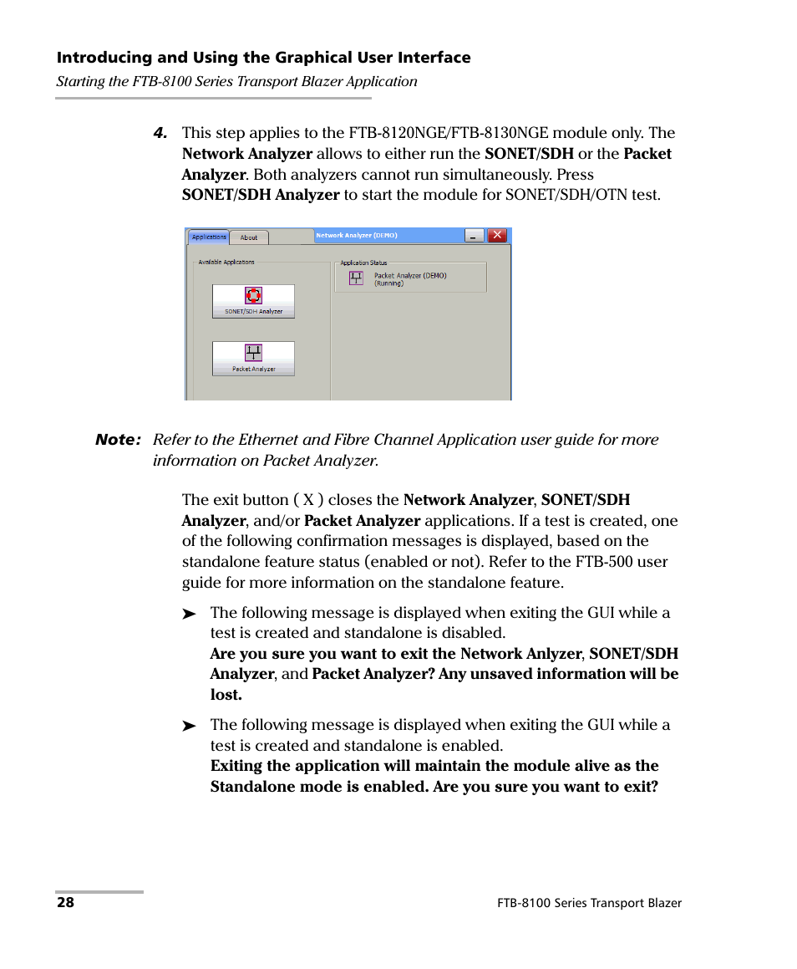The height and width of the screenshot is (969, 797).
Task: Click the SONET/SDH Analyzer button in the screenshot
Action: point(253,301)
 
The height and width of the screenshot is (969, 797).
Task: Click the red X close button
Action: point(498,236)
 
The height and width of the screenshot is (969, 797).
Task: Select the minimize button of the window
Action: point(475,236)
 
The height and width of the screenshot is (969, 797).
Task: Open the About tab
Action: point(249,237)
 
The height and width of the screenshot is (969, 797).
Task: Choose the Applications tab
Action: point(208,237)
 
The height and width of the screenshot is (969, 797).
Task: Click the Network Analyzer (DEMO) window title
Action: point(356,236)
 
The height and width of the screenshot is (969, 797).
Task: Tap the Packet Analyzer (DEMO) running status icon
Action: point(356,278)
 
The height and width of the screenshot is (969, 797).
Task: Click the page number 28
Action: point(65,903)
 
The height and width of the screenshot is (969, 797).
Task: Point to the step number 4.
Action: point(160,133)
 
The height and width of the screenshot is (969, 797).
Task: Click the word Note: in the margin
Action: point(118,440)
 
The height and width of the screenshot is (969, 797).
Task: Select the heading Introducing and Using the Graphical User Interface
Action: point(263,58)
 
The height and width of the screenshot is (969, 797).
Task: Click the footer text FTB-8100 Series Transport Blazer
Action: point(589,903)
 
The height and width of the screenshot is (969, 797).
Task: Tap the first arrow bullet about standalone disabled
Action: point(190,615)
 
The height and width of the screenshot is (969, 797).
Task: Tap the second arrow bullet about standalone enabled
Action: point(190,727)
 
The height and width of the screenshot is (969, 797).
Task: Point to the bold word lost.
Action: point(226,695)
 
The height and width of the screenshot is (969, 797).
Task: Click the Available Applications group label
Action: point(226,262)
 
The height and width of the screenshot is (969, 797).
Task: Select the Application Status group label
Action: point(363,263)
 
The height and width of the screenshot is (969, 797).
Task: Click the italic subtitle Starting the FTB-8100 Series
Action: point(236,82)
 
